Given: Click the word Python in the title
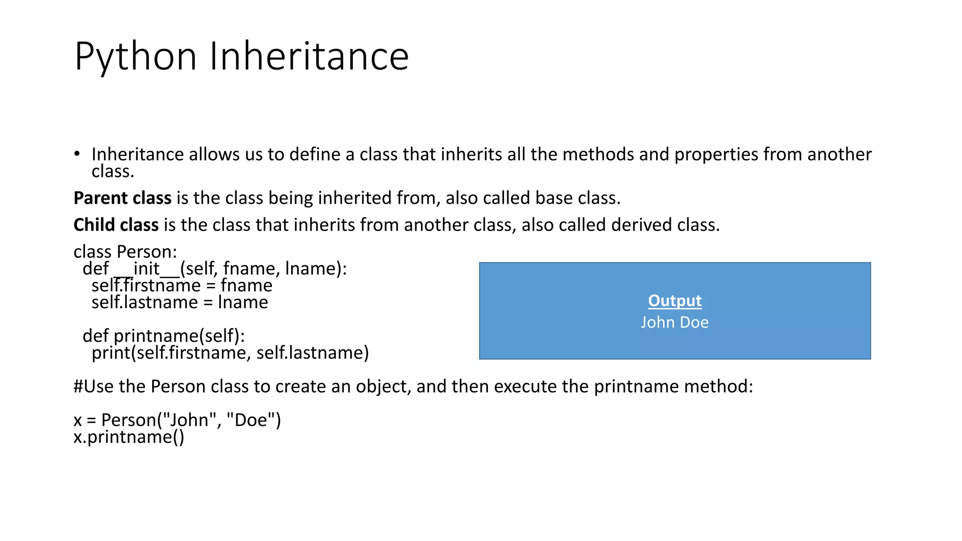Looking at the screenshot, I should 135,56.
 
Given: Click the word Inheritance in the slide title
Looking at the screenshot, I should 309,56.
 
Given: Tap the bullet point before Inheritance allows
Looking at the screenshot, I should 77,154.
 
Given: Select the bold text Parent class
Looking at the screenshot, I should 122,198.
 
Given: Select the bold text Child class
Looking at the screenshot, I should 116,225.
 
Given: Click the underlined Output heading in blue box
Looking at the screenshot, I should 675,301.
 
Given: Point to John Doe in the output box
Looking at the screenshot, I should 675,323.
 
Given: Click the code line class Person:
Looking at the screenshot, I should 125,252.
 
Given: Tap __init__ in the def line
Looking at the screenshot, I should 147,269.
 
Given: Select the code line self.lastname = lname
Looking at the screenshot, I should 179,302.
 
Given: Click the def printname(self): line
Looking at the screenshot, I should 163,336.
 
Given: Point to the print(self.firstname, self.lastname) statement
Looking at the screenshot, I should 230,353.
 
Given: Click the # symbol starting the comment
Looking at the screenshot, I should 78,386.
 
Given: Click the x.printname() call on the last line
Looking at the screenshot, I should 129,437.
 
